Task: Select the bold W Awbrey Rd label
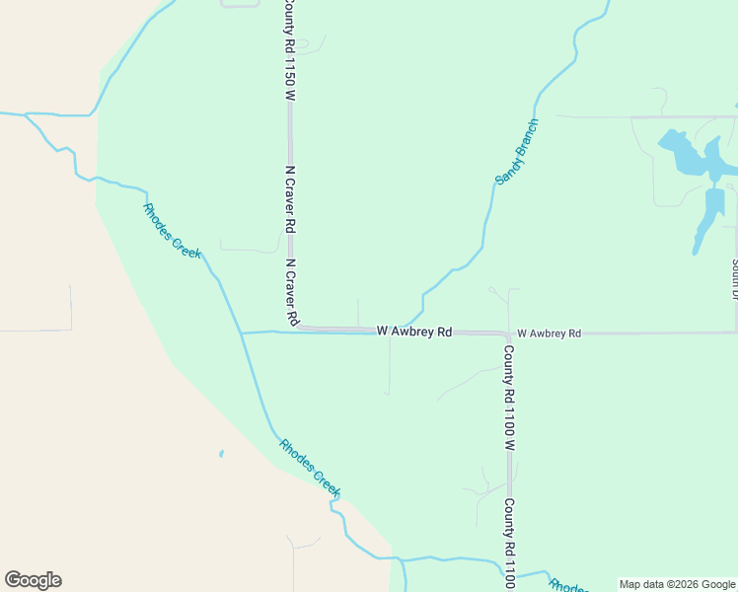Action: click(413, 333)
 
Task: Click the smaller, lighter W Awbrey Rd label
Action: click(549, 333)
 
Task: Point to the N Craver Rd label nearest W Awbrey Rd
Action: click(292, 293)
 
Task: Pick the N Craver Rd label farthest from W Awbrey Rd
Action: click(290, 198)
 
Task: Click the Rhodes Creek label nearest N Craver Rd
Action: click(172, 231)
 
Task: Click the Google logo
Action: click(33, 580)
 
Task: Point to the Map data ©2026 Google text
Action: click(678, 584)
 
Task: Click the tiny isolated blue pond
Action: click(221, 454)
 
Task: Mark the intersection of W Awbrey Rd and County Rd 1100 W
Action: click(508, 333)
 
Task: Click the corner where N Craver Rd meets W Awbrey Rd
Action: click(293, 329)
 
